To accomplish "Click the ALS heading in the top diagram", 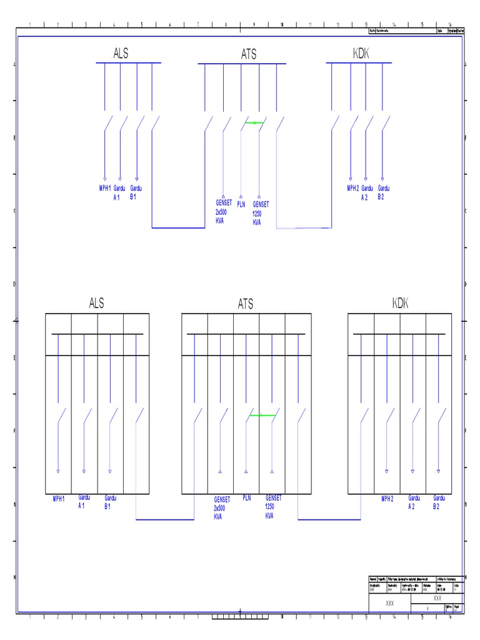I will [121, 54].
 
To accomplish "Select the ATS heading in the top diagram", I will [248, 55].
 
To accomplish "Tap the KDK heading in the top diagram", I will [361, 54].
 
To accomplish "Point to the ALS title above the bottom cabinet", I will [96, 304].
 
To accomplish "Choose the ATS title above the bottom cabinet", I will [246, 304].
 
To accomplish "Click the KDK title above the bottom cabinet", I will [400, 304].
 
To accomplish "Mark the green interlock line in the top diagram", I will [254, 123].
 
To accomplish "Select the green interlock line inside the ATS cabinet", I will [262, 415].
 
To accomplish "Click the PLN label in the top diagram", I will [241, 204].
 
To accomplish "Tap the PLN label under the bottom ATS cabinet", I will [246, 498].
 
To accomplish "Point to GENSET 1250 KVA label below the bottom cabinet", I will [273, 507].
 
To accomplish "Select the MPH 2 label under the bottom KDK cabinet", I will [387, 499].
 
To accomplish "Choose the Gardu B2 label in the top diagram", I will [383, 192].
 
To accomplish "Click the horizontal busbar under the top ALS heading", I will [128, 63].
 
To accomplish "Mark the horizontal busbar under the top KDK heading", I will [359, 63].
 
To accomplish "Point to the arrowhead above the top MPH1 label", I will [104, 179].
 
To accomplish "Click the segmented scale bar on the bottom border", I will [240, 617].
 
